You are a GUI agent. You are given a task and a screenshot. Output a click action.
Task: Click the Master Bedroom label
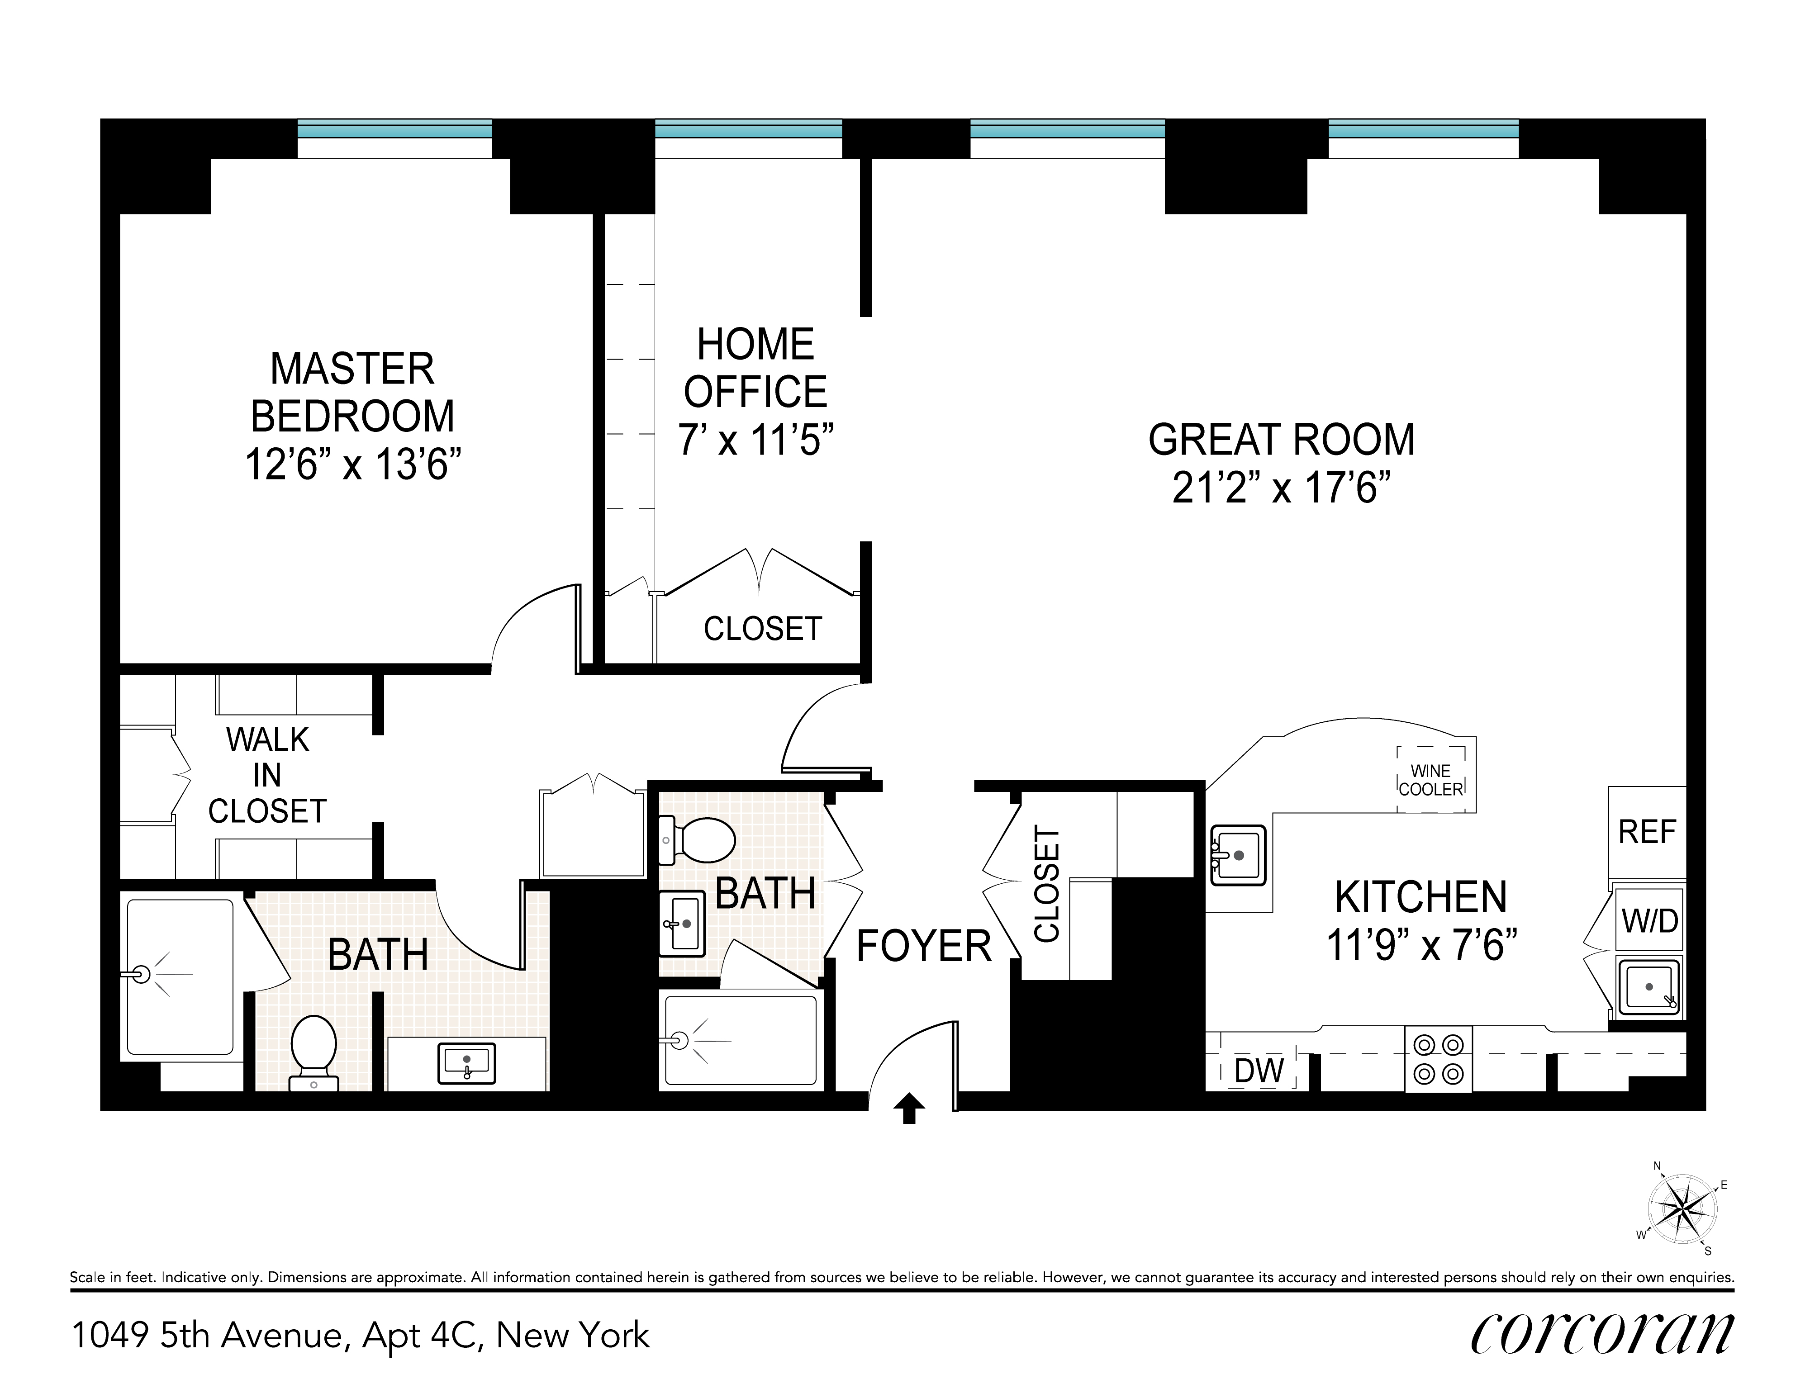(x=352, y=392)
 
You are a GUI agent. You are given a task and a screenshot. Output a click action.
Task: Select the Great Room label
(x=1281, y=440)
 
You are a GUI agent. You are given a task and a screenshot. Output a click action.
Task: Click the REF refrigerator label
(x=1647, y=832)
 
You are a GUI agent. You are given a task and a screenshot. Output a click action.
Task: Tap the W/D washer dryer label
(x=1649, y=921)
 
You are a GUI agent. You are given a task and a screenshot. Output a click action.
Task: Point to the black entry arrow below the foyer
(x=909, y=1108)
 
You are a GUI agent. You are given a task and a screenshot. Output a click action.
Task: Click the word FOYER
(x=923, y=946)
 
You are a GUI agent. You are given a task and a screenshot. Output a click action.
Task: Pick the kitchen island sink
(x=1238, y=854)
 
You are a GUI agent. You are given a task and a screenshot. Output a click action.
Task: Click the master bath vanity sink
(x=466, y=1063)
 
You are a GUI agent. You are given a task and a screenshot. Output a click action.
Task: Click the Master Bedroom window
(x=394, y=138)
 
